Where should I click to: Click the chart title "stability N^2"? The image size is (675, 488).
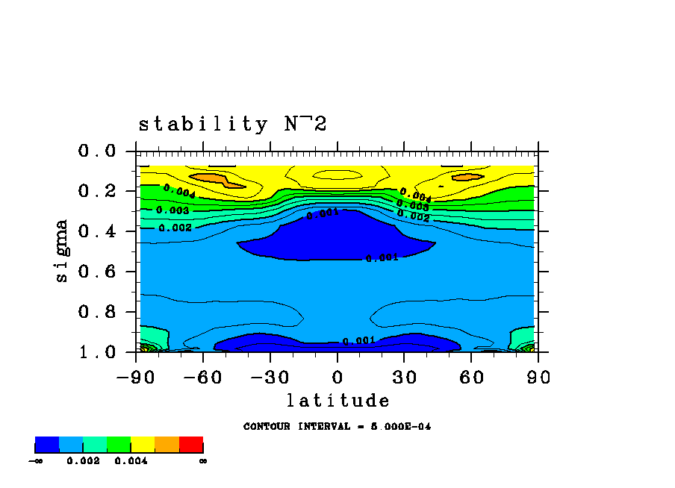232,124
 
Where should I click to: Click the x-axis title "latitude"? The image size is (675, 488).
337,401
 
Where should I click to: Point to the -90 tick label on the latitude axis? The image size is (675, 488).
136,378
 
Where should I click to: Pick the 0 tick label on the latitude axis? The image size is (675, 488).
337,378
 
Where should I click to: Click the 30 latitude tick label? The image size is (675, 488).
404,378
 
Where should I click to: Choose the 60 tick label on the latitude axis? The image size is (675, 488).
471,378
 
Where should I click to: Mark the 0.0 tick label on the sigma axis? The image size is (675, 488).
97,151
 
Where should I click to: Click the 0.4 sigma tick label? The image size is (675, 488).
97,231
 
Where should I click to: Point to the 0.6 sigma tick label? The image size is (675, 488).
97,272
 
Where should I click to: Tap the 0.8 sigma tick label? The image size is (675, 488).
97,312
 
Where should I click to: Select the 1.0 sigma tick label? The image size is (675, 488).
97,351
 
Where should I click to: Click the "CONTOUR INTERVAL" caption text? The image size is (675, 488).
337,427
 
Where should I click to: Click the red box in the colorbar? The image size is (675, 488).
191,445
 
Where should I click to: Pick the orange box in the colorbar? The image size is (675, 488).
167,445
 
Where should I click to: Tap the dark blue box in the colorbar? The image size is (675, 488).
47,445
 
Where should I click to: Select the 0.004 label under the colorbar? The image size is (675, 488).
131,461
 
